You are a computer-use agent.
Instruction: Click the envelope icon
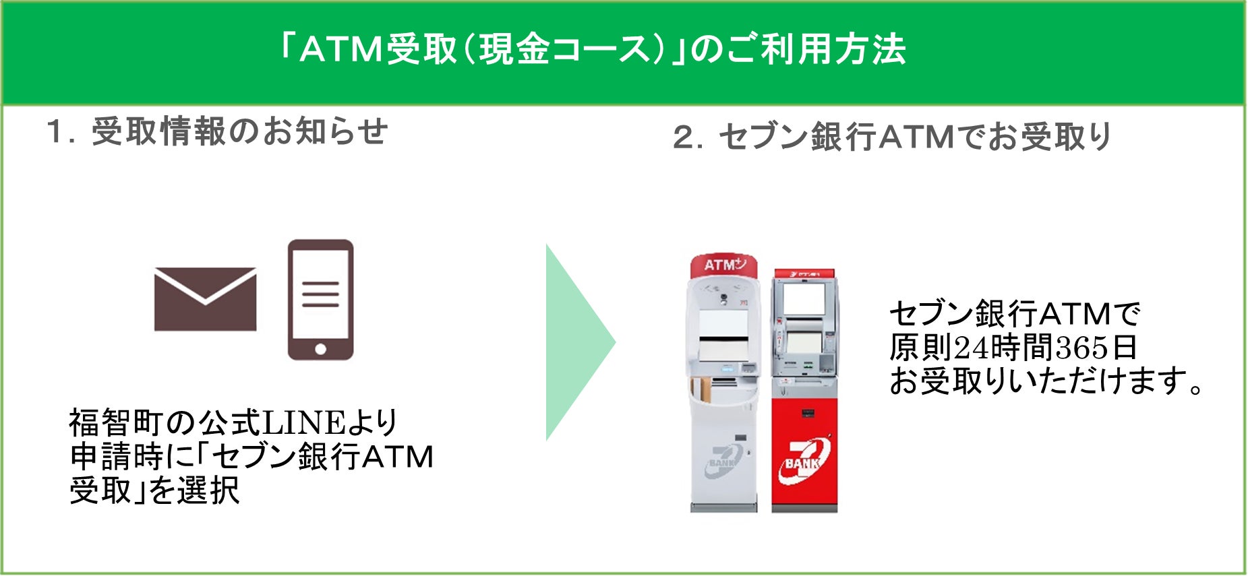coord(205,299)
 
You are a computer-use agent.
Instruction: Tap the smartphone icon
coord(320,300)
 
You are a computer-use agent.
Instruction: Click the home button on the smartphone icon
coord(321,349)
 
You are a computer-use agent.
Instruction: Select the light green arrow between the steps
coord(577,342)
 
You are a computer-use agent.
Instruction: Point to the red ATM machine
coord(804,391)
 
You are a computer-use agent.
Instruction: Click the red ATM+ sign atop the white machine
coord(723,265)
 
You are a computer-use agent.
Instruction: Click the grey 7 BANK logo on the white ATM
coord(725,462)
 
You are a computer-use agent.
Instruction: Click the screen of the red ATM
coord(804,299)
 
